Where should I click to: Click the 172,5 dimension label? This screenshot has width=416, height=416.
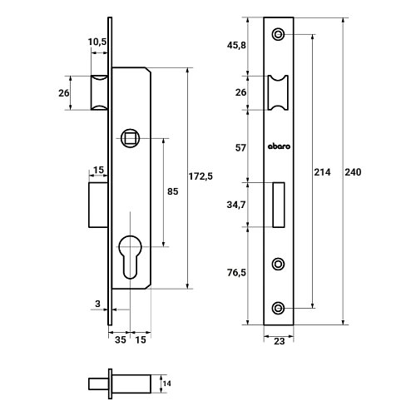tap(201, 176)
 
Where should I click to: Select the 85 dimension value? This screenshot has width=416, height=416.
tap(172, 191)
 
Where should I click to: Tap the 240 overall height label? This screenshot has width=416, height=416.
tap(353, 172)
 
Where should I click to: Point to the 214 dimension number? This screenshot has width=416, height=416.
tap(322, 172)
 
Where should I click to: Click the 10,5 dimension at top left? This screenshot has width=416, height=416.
tap(97, 42)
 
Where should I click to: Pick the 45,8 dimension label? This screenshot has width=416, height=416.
tap(236, 45)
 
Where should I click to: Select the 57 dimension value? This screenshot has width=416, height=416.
tap(240, 148)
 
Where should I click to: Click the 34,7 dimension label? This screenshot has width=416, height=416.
tap(236, 205)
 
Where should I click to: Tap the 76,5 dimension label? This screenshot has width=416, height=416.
tap(236, 273)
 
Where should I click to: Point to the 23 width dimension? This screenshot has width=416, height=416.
tap(279, 341)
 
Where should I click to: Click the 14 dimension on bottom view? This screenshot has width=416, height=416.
tap(166, 384)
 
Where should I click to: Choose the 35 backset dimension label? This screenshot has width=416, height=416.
tap(121, 339)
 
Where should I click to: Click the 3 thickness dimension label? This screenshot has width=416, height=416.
tap(97, 304)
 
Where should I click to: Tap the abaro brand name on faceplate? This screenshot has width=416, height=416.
tap(279, 146)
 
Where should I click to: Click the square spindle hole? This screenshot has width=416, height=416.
tap(130, 138)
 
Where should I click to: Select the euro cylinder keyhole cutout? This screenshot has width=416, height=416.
tap(130, 257)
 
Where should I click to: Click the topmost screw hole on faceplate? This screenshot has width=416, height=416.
tap(278, 34)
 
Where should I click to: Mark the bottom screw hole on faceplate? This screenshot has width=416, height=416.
tap(278, 308)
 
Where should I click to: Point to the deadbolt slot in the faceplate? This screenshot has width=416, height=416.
tap(279, 205)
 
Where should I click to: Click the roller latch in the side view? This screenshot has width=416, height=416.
tap(99, 92)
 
